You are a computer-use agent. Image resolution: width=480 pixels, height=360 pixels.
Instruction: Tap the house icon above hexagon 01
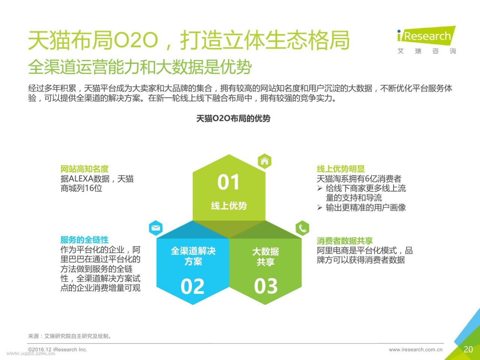click(x=265, y=161)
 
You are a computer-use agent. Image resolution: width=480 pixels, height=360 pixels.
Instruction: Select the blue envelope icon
click(x=156, y=228)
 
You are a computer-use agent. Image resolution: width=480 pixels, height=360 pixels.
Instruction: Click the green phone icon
click(x=302, y=228)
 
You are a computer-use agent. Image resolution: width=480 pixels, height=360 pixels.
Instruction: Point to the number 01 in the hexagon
click(x=228, y=182)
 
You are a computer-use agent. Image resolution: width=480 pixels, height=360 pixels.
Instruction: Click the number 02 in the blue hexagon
click(x=192, y=286)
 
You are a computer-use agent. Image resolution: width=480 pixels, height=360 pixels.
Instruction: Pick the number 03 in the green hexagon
click(x=266, y=286)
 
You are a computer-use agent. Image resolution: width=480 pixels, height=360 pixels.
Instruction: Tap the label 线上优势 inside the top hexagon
click(x=229, y=205)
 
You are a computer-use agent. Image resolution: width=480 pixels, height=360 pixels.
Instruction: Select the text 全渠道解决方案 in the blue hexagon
click(x=193, y=256)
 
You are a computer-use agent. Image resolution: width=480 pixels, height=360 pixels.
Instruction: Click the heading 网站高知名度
click(x=84, y=169)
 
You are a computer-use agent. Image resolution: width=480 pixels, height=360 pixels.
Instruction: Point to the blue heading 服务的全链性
click(x=84, y=240)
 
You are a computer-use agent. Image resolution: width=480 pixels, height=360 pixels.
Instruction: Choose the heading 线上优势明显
click(x=341, y=169)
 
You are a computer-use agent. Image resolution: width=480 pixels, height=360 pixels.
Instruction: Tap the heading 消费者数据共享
click(x=345, y=241)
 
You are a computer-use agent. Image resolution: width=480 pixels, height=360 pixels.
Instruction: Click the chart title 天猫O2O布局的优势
click(x=233, y=118)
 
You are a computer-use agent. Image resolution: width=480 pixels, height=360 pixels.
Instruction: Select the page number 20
click(x=468, y=349)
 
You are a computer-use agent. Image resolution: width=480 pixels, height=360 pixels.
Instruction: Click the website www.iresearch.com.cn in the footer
click(x=415, y=349)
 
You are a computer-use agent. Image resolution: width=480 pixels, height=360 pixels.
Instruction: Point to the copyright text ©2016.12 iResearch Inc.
click(x=57, y=349)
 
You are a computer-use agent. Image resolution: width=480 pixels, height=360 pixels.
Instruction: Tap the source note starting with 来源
click(x=70, y=336)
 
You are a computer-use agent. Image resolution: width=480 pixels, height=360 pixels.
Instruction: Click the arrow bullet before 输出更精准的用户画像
click(x=320, y=207)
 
